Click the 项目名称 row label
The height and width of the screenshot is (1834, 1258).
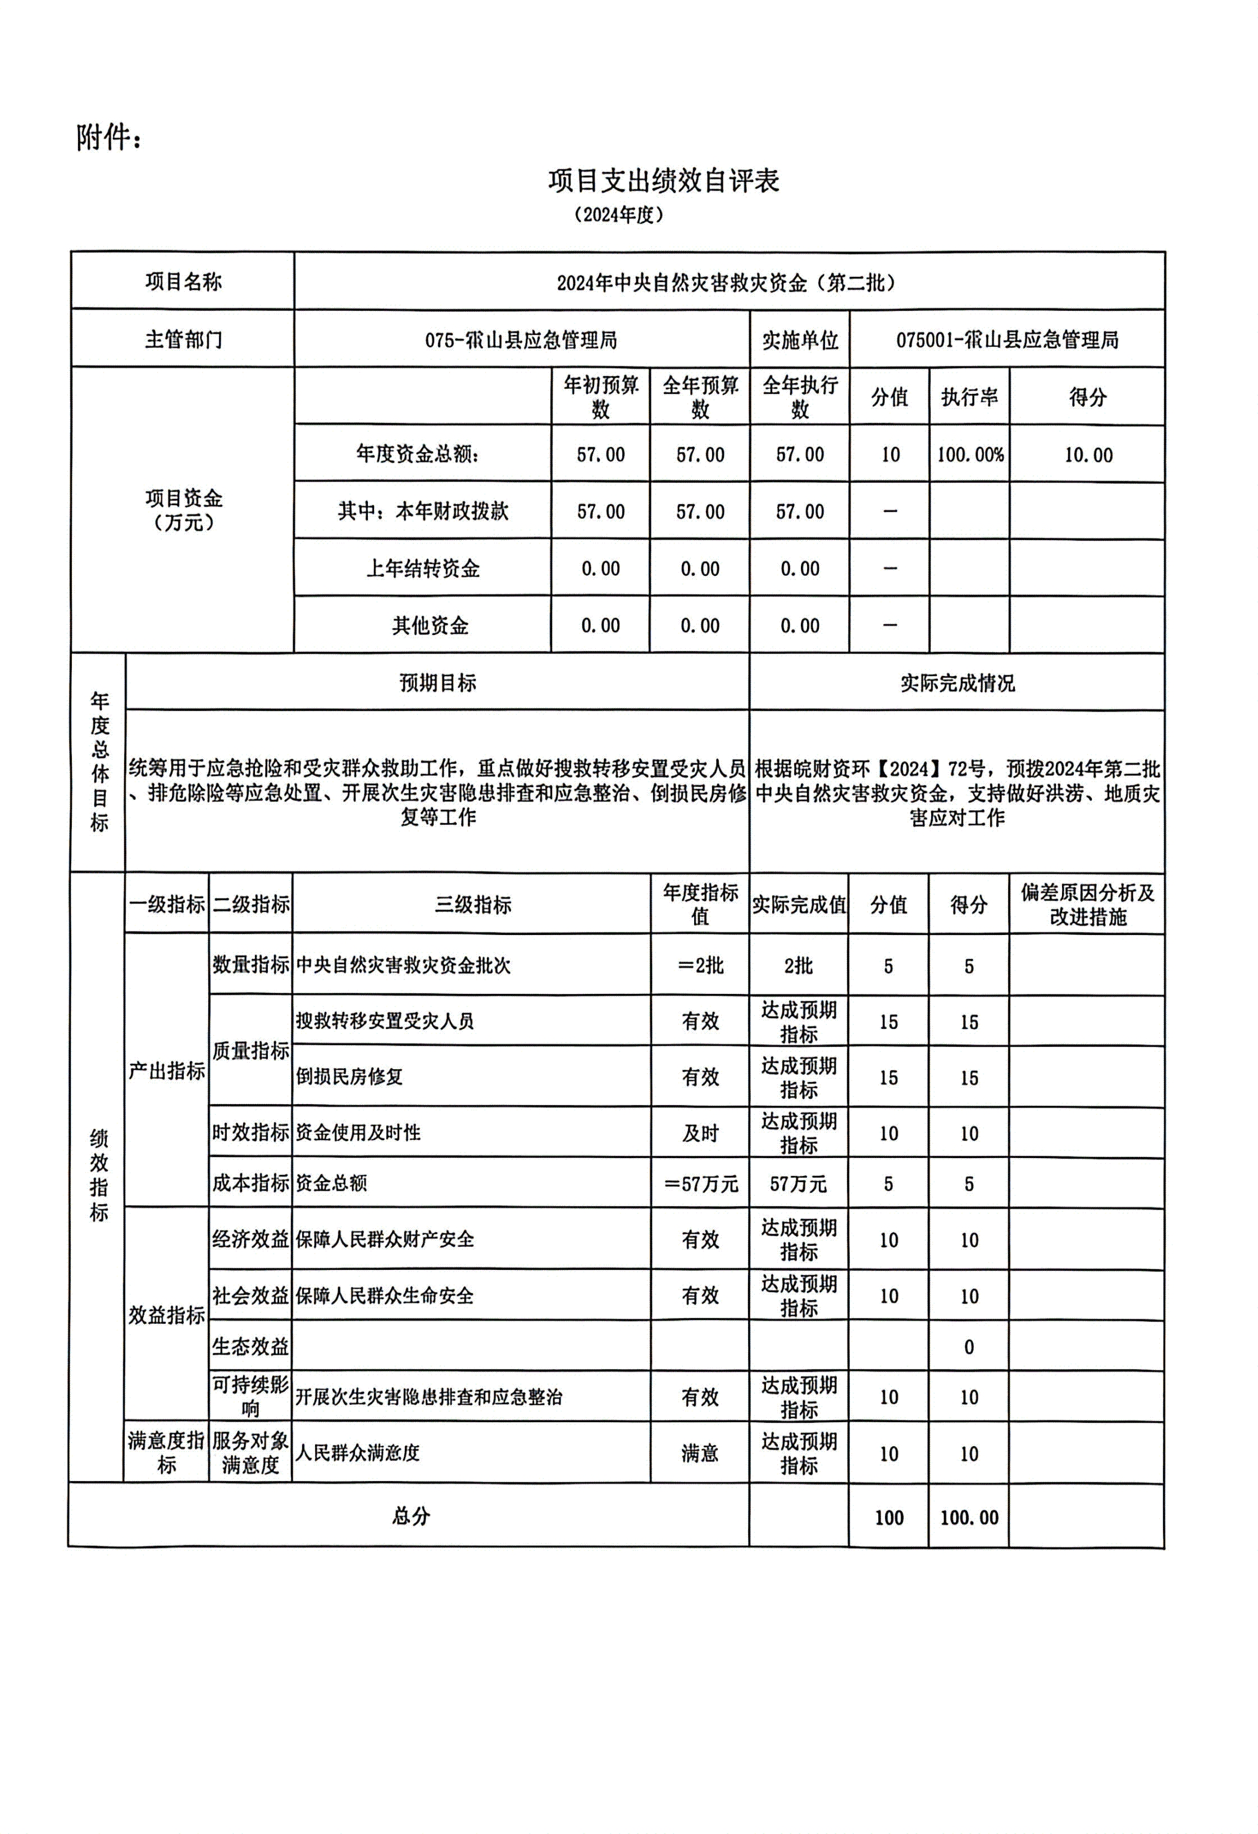(x=183, y=282)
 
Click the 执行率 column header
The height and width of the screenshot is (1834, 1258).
(x=969, y=397)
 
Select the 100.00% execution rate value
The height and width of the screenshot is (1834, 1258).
(x=969, y=455)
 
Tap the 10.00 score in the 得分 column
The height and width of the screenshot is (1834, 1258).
(x=1088, y=455)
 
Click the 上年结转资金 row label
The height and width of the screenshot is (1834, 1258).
(x=423, y=568)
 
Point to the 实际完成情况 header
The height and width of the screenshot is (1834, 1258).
(x=957, y=683)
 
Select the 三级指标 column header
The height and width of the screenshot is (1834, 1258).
(x=472, y=905)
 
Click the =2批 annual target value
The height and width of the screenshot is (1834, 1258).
(x=700, y=965)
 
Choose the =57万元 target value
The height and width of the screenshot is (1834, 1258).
(x=700, y=1184)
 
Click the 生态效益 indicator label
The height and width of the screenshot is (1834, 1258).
(x=250, y=1346)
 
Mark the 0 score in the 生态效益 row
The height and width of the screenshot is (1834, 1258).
(x=969, y=1347)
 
